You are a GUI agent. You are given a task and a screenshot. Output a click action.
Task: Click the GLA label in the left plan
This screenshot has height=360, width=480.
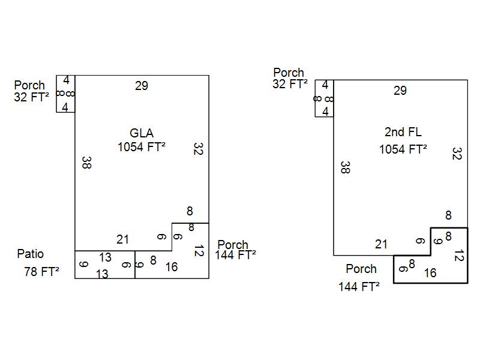click(142, 133)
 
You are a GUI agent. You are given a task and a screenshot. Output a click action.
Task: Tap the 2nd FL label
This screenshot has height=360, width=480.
click(403, 133)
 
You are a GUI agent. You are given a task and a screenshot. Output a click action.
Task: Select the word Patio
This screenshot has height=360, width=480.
click(30, 254)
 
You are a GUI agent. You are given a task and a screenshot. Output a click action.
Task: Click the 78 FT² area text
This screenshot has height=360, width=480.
click(41, 272)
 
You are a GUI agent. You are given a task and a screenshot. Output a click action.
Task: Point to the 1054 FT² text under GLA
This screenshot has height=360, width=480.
click(142, 147)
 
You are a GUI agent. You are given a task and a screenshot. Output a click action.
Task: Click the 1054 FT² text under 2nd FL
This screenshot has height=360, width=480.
click(403, 149)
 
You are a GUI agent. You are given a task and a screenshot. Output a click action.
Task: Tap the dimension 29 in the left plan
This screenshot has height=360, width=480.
click(142, 86)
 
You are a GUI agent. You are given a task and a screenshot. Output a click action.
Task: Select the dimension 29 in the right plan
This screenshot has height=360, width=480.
click(400, 91)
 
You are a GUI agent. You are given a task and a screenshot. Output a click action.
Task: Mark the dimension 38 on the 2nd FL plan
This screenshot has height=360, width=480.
click(344, 167)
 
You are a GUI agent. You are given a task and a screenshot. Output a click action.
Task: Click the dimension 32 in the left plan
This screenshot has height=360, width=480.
click(197, 149)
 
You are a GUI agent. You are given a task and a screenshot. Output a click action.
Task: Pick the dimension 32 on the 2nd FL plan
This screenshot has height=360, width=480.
click(456, 154)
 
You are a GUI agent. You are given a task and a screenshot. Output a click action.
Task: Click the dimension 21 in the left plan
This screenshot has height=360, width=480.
click(122, 239)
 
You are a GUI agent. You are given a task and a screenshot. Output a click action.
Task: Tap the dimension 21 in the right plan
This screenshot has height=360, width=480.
click(381, 244)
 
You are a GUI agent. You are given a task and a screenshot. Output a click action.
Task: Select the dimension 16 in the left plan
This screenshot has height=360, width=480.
click(171, 267)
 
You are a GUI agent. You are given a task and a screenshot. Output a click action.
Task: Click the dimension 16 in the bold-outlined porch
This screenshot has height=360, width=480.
click(430, 273)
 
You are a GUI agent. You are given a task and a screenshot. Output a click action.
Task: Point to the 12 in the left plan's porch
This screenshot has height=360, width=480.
click(197, 251)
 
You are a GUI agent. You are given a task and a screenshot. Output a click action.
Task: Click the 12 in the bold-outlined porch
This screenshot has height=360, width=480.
click(458, 256)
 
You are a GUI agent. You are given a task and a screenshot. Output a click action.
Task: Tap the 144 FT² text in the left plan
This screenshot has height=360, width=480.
click(235, 254)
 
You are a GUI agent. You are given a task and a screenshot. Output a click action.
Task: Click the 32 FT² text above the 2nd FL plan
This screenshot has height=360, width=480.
click(290, 84)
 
